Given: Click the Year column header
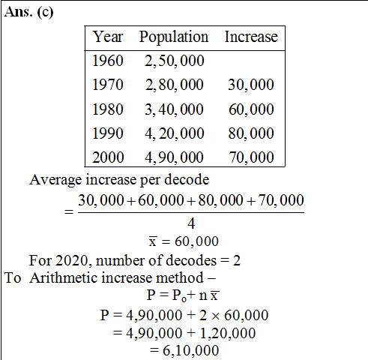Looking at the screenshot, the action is [108, 37].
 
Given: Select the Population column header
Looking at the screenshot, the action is [174, 37].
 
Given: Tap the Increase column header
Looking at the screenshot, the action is [251, 37].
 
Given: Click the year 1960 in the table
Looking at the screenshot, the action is [108, 61].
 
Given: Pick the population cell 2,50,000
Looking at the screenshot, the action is [175, 61].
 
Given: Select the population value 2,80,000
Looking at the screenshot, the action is [175, 85].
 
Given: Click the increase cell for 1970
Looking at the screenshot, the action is [251, 85].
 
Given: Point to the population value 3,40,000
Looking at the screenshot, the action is [175, 109].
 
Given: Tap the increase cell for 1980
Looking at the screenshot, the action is [251, 109].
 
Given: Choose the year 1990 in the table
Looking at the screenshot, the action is [108, 133].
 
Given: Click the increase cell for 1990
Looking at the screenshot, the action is [251, 133].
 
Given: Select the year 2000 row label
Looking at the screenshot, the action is [108, 157].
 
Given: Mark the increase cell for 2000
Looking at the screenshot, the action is [251, 157].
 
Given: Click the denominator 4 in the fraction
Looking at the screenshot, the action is [191, 223].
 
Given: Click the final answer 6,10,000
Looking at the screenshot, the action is [191, 350].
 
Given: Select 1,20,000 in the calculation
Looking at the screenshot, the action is [228, 333].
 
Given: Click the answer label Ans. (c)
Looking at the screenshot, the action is [28, 12].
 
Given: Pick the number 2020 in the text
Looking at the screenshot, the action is [71, 261].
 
